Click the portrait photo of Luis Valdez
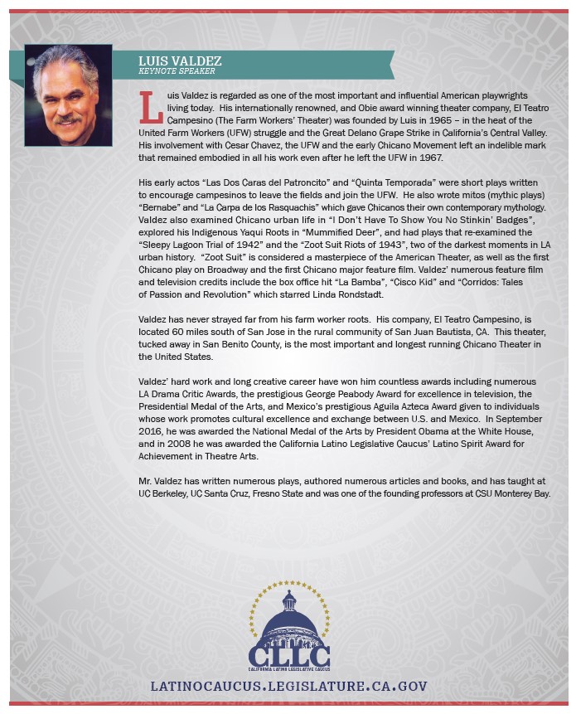point(68,84)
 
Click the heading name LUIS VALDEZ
point(180,61)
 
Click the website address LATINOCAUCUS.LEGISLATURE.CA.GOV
point(288,687)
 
